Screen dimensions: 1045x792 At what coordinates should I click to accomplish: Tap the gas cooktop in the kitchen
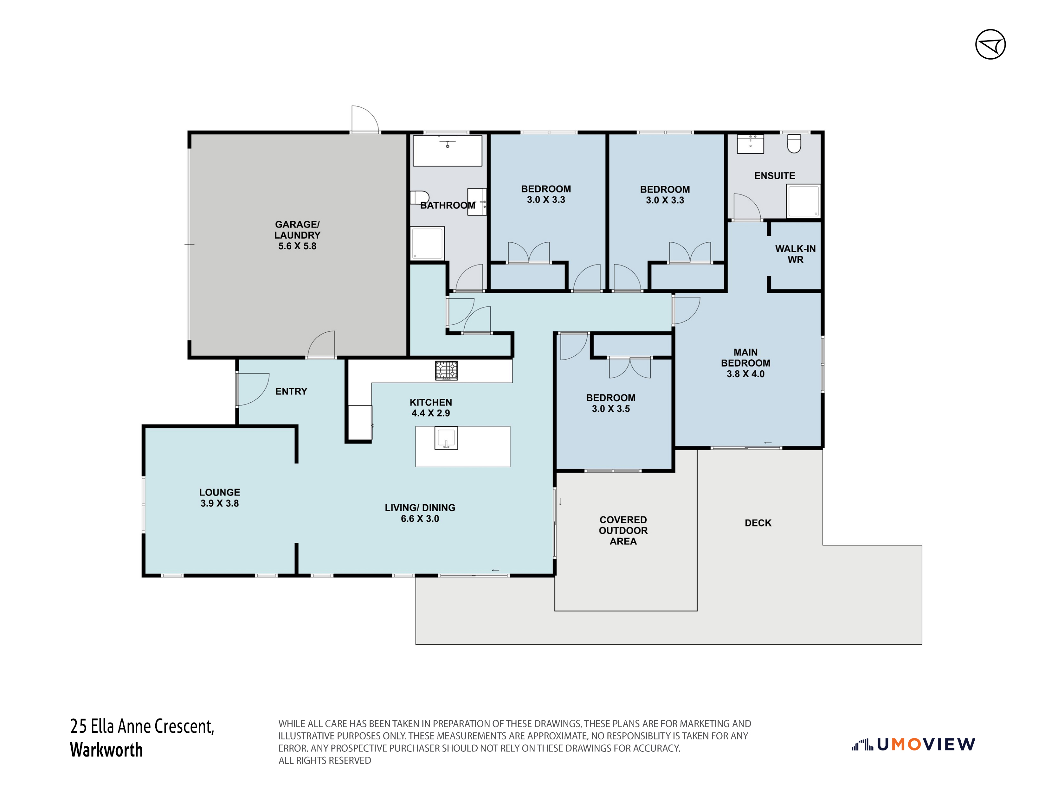click(447, 371)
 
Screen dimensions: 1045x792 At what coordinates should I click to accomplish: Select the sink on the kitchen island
click(446, 438)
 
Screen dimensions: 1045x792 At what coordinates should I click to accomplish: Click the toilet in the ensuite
click(794, 144)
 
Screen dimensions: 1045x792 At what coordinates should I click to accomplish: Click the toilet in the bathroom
click(419, 197)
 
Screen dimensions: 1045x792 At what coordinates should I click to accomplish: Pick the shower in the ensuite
click(803, 201)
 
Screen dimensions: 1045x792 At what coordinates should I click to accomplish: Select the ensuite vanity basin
click(751, 144)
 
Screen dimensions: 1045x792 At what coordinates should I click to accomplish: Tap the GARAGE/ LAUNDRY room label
click(297, 235)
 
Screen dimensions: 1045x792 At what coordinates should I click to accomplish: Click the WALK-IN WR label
click(796, 254)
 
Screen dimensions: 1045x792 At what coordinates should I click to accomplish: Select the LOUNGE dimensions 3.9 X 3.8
click(220, 503)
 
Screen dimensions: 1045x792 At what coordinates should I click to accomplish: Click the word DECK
click(758, 523)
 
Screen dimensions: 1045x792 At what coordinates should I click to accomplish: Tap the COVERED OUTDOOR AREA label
click(623, 530)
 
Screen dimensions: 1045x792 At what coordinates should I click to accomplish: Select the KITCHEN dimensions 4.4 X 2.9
click(431, 413)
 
